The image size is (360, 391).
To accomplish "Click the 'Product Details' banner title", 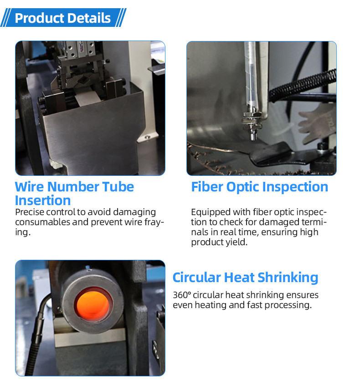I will coord(62,18).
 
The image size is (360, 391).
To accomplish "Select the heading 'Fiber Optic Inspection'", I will coord(259,187).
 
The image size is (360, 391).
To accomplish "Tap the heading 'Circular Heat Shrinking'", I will coord(245,278).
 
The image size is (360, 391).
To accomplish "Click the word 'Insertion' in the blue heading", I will coord(43,201).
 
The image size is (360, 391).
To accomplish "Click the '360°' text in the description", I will coord(181,295).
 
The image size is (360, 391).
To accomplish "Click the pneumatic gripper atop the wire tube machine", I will coord(80,52).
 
